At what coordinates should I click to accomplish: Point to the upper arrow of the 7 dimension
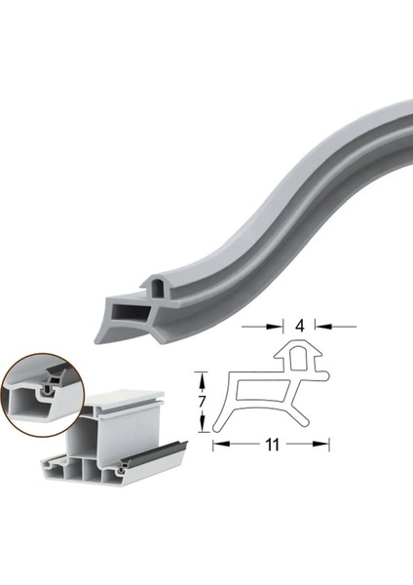point(203,376)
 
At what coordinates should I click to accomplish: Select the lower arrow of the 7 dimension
point(203,426)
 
